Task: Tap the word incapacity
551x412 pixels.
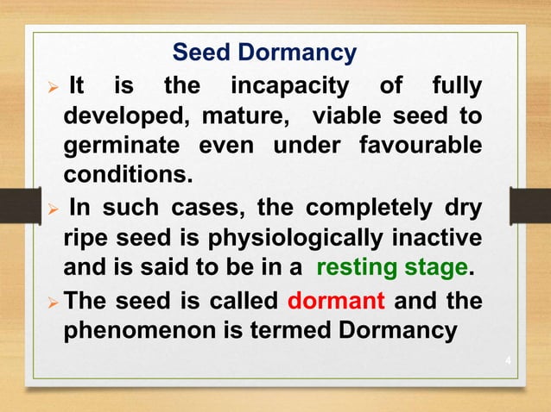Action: tap(290, 86)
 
